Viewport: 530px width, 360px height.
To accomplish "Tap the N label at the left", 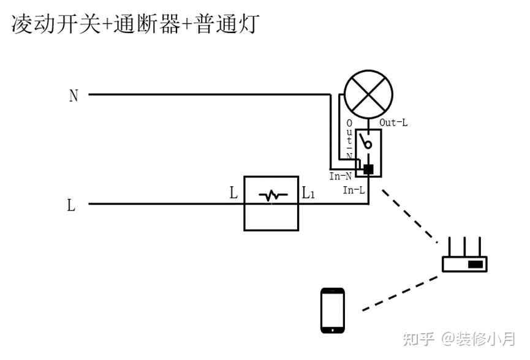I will tap(74, 96).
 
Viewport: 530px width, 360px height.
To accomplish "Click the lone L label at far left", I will tap(71, 205).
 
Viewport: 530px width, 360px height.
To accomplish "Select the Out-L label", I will tap(393, 122).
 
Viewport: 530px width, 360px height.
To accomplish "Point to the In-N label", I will tap(341, 176).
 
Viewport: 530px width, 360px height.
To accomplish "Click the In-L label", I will tap(354, 190).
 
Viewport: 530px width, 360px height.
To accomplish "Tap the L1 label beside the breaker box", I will tap(308, 194).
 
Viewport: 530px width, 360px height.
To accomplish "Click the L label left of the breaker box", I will tap(233, 193).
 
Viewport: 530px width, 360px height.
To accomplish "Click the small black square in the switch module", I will tap(369, 168).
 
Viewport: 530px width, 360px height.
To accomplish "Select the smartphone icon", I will tap(333, 310).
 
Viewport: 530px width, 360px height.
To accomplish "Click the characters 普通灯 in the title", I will tap(228, 24).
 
